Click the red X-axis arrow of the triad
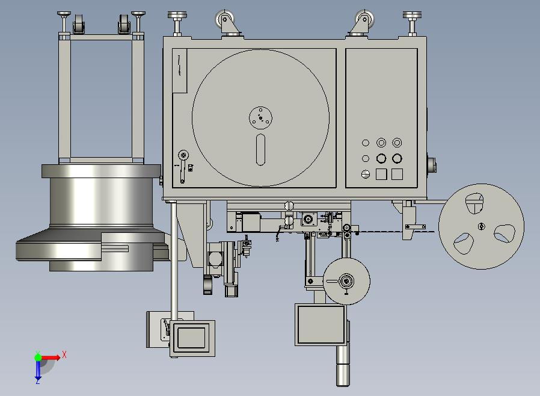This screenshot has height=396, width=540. pyautogui.click(x=51, y=357)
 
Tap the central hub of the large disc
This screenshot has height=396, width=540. pyautogui.click(x=260, y=118)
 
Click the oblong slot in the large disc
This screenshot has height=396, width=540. pyautogui.click(x=261, y=150)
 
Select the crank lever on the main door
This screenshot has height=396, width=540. pyautogui.click(x=183, y=166)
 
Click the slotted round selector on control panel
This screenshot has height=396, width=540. pyautogui.click(x=366, y=174)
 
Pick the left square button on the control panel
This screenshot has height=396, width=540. pyautogui.click(x=381, y=174)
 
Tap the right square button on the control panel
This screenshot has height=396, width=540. pyautogui.click(x=397, y=174)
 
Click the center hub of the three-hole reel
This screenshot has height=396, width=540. pyautogui.click(x=482, y=226)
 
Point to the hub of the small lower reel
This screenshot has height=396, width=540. pyautogui.click(x=346, y=281)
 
